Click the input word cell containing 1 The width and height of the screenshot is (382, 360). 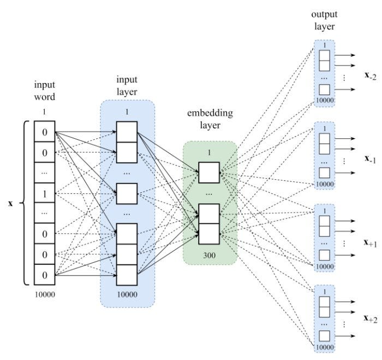coord(44,193)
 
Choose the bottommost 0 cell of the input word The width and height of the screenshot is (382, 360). coord(44,274)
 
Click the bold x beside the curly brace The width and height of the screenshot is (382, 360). coord(10,204)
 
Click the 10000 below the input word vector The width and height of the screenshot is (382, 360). coord(44,294)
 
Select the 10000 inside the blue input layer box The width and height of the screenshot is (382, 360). coord(127,294)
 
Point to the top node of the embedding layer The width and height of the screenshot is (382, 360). coord(209,172)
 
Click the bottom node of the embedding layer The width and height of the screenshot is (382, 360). coord(209,234)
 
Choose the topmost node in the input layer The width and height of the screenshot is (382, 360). coord(127,132)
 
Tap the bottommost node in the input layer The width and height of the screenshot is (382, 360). coord(127,275)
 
